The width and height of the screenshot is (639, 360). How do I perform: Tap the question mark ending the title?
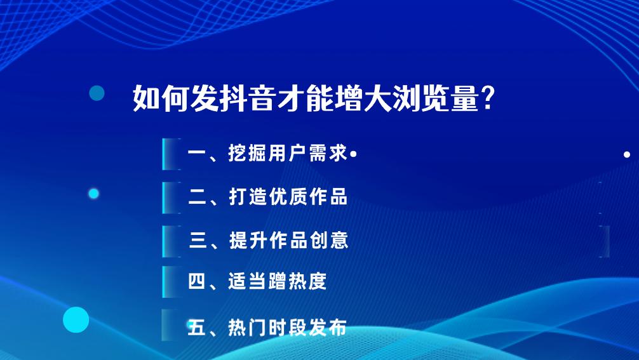488,98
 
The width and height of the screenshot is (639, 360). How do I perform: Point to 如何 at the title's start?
157,98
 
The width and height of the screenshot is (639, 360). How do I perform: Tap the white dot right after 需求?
353,154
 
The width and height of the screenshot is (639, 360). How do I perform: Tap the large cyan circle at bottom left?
76,319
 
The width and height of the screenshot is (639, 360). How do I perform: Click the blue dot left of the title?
97,93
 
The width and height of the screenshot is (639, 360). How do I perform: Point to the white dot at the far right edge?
627,154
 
